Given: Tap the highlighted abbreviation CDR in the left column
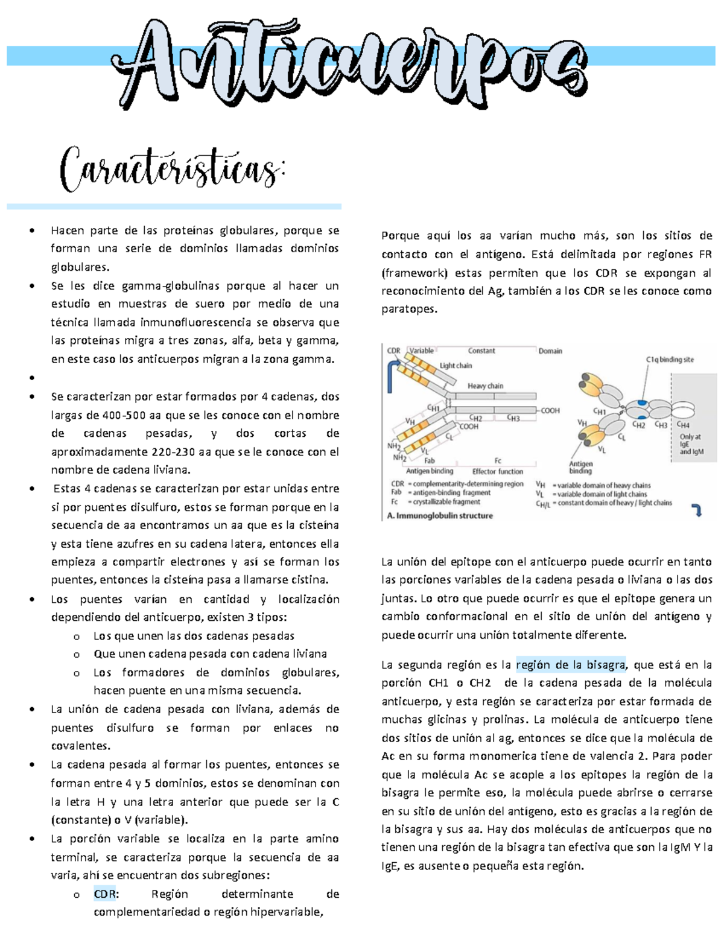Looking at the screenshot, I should coord(105,894).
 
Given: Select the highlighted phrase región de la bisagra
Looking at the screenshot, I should coord(571,665).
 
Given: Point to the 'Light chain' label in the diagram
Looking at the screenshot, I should coord(456,366).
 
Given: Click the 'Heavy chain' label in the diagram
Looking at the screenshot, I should coord(485,386).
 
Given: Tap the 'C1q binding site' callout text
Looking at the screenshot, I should coord(670,360).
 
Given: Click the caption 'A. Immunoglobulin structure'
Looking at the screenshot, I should coord(440,516).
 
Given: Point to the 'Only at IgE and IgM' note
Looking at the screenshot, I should coord(691,444).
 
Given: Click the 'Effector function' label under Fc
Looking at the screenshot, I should coord(498,471).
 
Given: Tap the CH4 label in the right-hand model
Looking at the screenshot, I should coord(683,425).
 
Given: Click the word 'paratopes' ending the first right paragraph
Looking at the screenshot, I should coord(408,310).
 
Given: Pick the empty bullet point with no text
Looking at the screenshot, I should coord(32,378).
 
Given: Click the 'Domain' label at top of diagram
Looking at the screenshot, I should coord(550,351).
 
